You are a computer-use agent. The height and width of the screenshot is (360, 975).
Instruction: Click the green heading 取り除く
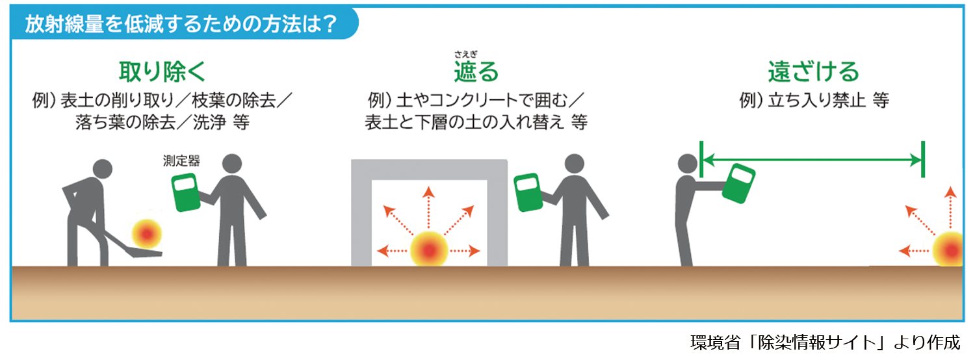(162, 71)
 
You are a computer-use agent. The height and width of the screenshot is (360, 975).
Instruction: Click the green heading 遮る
(476, 72)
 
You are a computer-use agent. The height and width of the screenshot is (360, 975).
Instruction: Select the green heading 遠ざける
(813, 71)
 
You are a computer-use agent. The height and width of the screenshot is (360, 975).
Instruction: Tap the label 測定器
(181, 161)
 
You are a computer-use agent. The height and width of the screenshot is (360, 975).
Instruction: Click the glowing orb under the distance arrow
(950, 250)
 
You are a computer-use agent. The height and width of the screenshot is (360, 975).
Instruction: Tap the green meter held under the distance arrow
(740, 183)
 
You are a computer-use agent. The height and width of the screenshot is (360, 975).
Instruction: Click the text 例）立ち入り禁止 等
(813, 101)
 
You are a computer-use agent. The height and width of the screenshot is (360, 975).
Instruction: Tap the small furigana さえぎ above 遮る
(466, 55)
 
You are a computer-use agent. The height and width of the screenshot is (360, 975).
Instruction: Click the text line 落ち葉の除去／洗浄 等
(162, 123)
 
